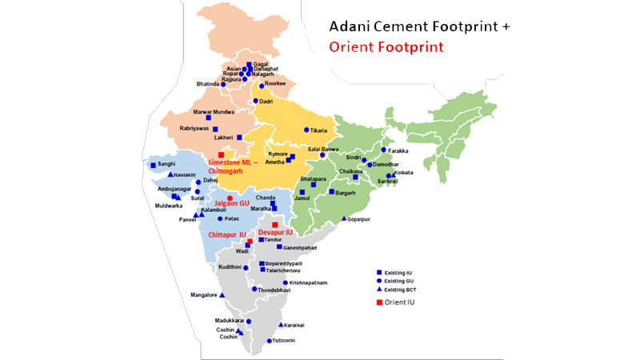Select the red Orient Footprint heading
[386, 46]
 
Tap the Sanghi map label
[166, 164]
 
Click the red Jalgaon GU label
[231, 204]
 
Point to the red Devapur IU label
[275, 232]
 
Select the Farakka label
[402, 150]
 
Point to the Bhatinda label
[212, 83]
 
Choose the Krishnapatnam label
[308, 282]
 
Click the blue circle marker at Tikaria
[306, 130]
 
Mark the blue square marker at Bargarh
[331, 192]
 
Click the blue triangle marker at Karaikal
[280, 325]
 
